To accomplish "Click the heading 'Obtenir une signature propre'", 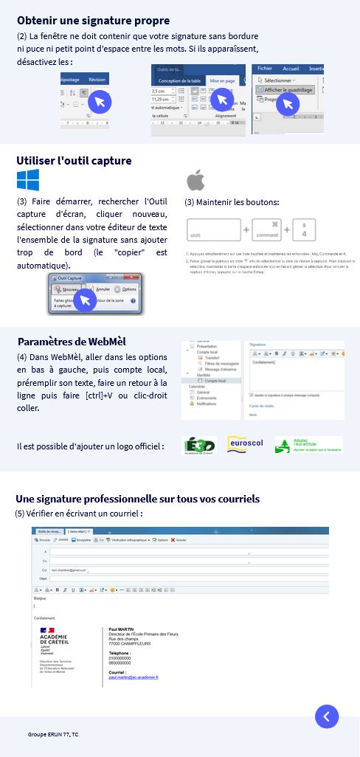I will click(93, 21).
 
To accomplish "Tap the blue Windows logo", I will click(28, 180).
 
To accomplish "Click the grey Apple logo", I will click(195, 180).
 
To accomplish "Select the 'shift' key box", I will click(214, 230).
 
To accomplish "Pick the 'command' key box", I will click(266, 230).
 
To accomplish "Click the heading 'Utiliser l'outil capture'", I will click(74, 160).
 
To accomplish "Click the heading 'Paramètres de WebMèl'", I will click(72, 342).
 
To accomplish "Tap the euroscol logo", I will click(245, 445).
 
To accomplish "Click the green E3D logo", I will click(198, 446).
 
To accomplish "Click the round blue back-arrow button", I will click(326, 716).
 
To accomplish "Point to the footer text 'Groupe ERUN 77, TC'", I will click(53, 736).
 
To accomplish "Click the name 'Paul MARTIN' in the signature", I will click(121, 629).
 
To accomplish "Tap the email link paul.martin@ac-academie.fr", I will click(134, 677).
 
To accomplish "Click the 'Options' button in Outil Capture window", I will click(125, 289).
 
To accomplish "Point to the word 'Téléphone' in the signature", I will click(120, 653).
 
